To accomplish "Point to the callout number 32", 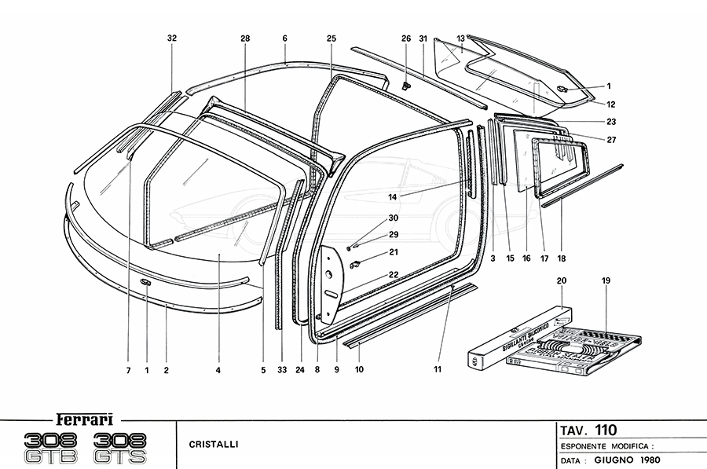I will [x=172, y=38].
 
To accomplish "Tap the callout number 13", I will [x=461, y=38].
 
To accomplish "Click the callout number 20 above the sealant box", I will [x=561, y=280].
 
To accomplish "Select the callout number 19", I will [x=606, y=280].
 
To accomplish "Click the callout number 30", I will [x=393, y=218].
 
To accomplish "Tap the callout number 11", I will [x=438, y=368].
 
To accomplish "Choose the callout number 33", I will [x=281, y=368].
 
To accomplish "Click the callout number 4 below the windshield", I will [x=218, y=368].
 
